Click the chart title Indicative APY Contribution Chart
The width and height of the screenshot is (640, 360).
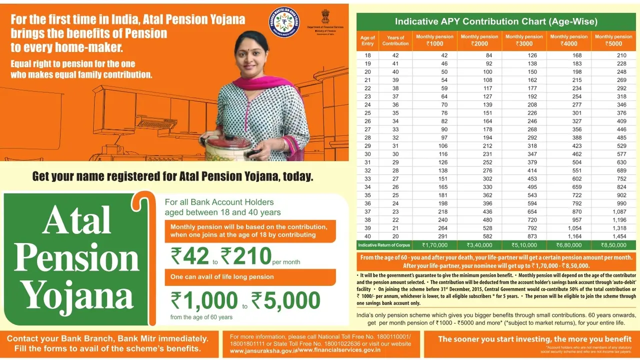coord(496,21)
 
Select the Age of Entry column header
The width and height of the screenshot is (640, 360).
coord(367,40)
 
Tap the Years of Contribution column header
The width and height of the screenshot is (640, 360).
coord(395,40)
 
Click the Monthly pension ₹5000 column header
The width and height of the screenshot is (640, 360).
coord(613,40)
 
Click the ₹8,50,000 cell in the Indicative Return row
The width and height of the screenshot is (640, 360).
coord(613,245)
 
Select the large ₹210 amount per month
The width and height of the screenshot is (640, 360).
coord(246,256)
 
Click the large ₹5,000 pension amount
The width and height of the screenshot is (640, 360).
coord(285,300)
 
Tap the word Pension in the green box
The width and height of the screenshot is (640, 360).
coord(76,258)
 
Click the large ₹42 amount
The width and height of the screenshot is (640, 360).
coord(190,256)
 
